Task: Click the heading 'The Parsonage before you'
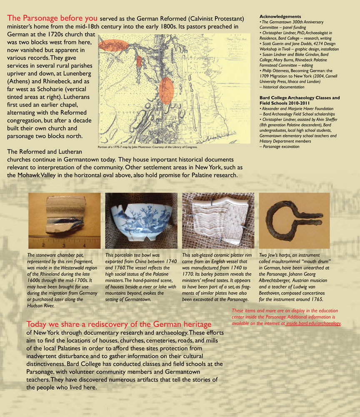tap(52, 18)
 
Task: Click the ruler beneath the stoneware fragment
tap(65, 244)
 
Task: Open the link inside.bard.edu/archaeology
tap(313, 323)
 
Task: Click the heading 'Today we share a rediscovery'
tap(119, 324)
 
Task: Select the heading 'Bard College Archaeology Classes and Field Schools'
tap(299, 100)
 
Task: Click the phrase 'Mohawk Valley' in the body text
tap(39, 176)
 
